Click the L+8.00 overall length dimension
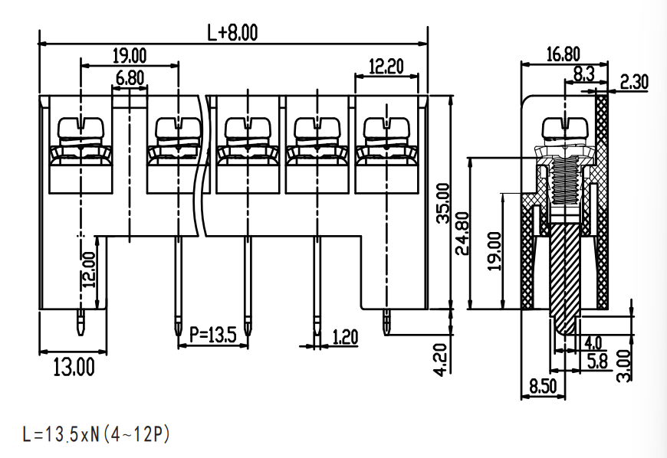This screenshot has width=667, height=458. [232, 32]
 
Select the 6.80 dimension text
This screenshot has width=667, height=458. [130, 78]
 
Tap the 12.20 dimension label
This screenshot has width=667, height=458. [386, 67]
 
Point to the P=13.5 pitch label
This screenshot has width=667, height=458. [212, 335]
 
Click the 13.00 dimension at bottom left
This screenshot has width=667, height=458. [74, 367]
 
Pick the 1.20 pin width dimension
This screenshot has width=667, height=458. [345, 337]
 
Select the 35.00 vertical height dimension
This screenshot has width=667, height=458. [443, 203]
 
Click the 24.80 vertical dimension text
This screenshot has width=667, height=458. [462, 234]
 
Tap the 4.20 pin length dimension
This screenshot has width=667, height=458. [441, 359]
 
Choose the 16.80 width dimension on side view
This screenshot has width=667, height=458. [563, 54]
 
